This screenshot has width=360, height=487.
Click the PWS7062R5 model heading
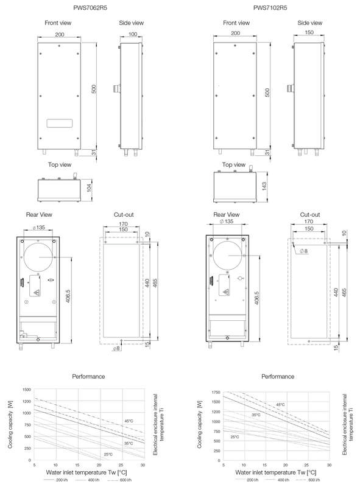pos(90,7)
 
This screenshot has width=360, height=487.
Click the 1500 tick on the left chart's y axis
pos(26,389)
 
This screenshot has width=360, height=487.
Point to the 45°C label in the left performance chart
pos(129,421)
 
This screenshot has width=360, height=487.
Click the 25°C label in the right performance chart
pos(234,437)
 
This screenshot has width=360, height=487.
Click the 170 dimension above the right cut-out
pos(311,222)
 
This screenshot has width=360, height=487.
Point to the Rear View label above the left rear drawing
pos(38,214)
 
